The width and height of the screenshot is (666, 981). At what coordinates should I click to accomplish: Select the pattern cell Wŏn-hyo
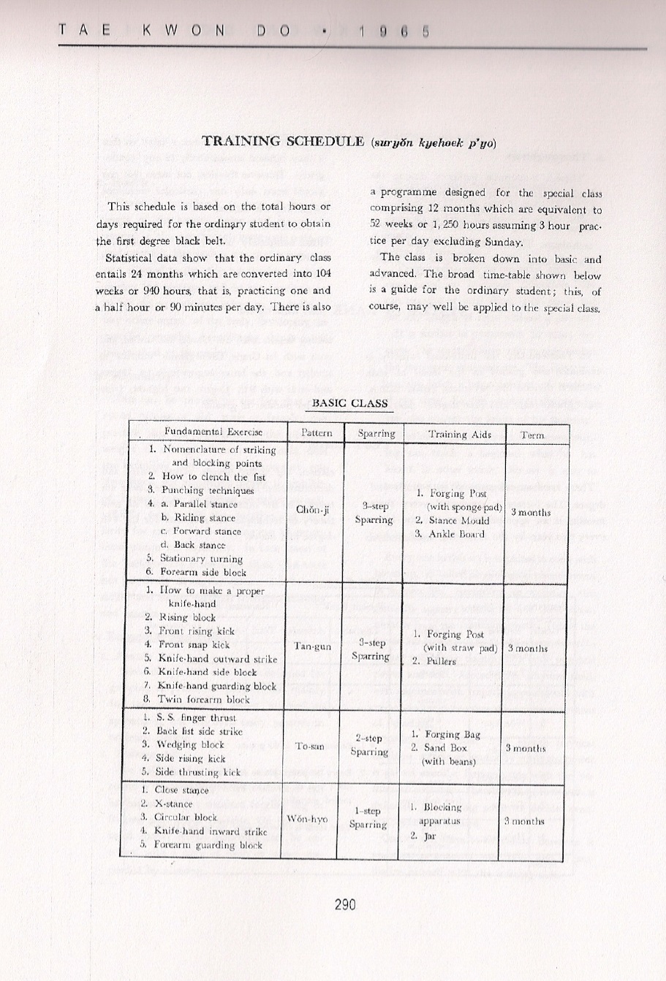pyautogui.click(x=308, y=819)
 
